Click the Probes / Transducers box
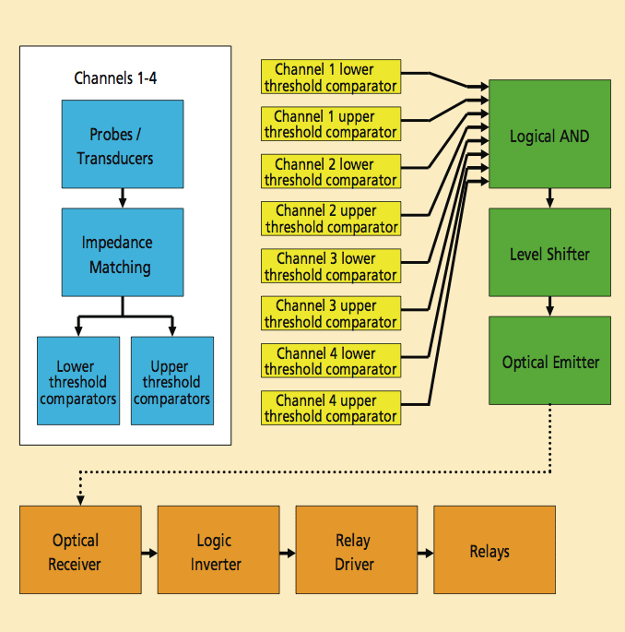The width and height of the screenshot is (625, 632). point(122,144)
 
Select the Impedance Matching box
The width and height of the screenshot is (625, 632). point(122,255)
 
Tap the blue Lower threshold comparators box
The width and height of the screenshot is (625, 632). point(78,380)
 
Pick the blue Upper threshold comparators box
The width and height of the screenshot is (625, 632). point(172,380)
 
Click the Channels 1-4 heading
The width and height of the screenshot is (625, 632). point(115,78)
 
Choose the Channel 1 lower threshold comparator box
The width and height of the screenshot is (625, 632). point(331,77)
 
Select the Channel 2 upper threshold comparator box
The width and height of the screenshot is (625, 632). point(331,219)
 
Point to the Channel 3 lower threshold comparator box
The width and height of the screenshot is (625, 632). point(331,266)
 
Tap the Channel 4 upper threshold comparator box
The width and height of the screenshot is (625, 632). point(331,408)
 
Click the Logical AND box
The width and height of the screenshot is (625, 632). point(549,135)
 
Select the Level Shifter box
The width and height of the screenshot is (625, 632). point(549,254)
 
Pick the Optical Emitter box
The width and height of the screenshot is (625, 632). point(549,361)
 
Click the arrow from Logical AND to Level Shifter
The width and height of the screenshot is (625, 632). point(549,198)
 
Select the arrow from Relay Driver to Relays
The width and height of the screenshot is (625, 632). point(425,553)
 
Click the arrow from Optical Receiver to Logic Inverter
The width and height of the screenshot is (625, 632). point(149,553)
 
